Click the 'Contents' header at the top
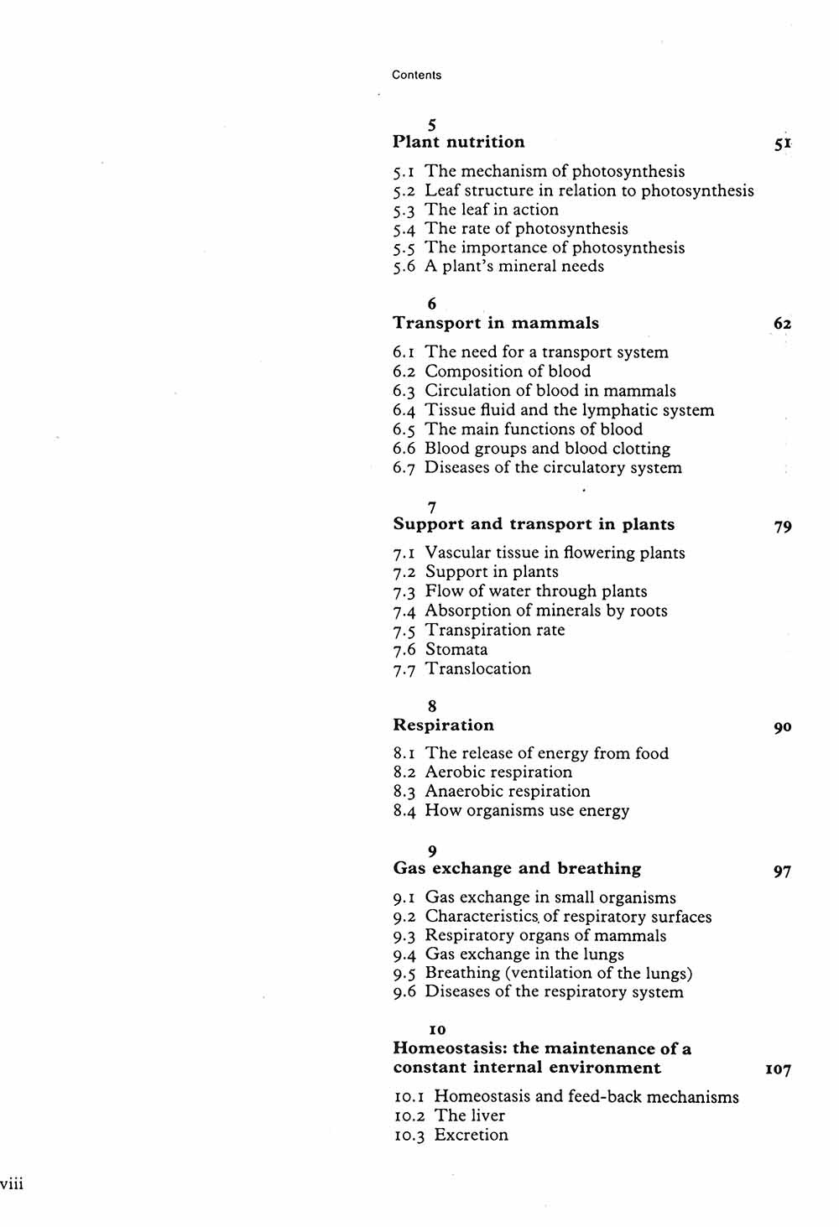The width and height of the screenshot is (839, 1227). (416, 75)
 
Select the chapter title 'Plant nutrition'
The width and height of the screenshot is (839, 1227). (458, 142)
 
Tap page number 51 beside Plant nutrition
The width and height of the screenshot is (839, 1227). (783, 144)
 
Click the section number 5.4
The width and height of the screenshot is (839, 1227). (404, 229)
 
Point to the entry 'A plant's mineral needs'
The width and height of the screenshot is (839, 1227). (513, 266)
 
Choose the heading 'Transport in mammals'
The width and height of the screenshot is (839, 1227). (496, 323)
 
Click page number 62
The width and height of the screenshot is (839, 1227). (782, 324)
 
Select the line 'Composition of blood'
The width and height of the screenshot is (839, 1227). (508, 371)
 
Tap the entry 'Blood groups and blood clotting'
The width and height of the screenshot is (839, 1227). (547, 448)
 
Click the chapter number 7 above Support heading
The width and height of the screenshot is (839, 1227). (431, 507)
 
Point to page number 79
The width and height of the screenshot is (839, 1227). (782, 527)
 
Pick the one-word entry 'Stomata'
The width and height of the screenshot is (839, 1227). (456, 649)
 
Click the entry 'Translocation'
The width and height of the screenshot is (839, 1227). (477, 668)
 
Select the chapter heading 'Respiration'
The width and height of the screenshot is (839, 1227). (443, 725)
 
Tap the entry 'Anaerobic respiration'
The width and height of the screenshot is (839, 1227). (507, 791)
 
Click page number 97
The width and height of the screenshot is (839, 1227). (782, 871)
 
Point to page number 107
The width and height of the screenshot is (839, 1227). (778, 1070)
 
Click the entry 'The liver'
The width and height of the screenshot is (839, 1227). (470, 1115)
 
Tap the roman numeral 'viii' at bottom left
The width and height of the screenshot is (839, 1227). (12, 1183)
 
